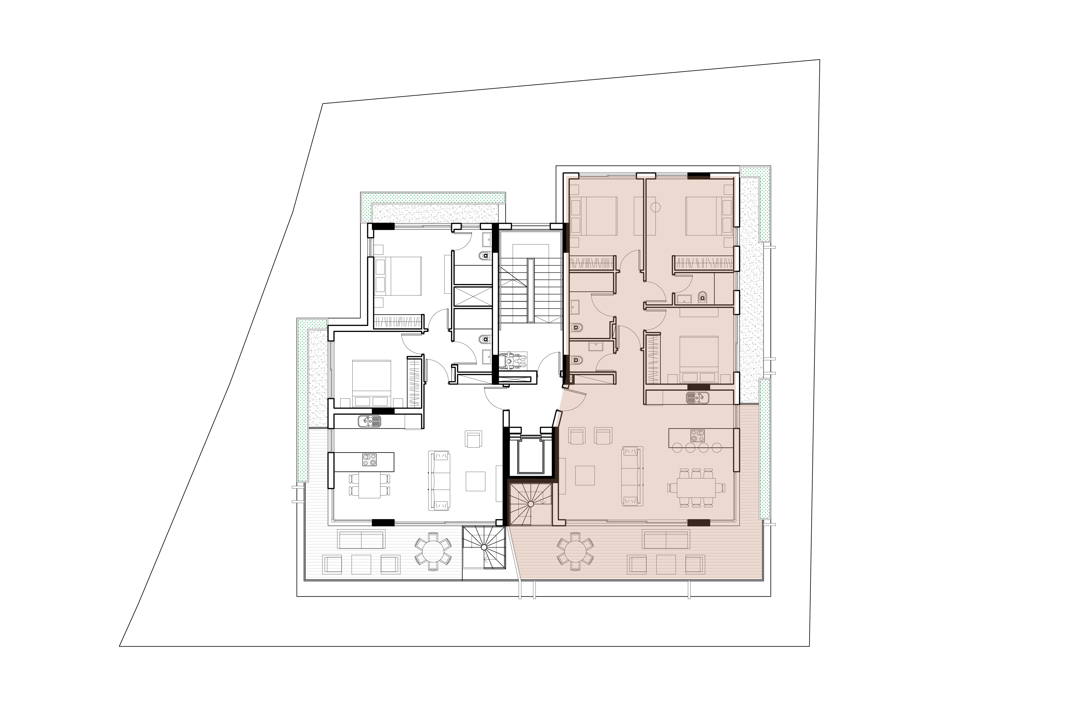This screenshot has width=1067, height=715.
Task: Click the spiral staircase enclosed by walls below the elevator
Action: click(531, 504)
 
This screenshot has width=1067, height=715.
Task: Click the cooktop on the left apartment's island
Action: click(369, 460)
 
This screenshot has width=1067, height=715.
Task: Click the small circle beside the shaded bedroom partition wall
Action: click(656, 207)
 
